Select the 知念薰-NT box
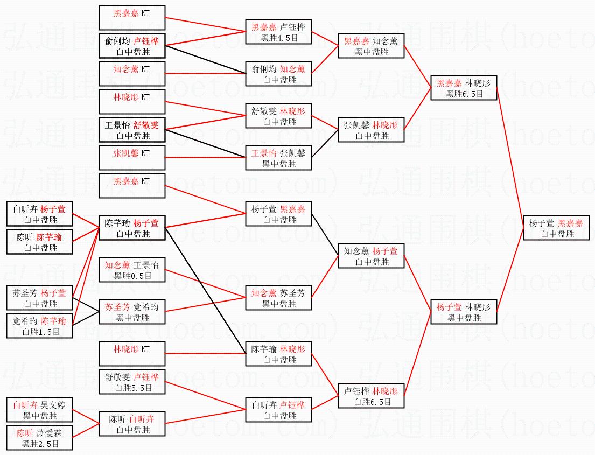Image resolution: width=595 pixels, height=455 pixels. (132, 74)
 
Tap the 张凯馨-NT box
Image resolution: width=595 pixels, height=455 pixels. (132, 158)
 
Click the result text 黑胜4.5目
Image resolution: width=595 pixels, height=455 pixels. (278, 38)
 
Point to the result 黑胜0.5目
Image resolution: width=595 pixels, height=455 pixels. (132, 276)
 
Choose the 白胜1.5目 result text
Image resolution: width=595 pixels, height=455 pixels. (39, 332)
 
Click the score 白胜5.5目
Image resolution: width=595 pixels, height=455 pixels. (132, 388)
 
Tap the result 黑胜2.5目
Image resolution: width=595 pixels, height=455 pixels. (39, 444)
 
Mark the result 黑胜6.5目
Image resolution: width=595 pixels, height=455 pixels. (464, 94)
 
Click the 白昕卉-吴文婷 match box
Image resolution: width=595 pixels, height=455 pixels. (39, 410)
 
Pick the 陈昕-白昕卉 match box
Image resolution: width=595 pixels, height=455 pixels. (132, 424)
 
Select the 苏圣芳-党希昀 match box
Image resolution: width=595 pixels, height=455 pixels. (132, 312)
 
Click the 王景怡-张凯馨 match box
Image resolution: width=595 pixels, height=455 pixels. (278, 158)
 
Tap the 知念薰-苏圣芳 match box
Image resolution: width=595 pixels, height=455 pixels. (278, 298)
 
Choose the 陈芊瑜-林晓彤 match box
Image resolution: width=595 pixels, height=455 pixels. (278, 354)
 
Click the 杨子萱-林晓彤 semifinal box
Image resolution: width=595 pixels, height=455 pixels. (464, 312)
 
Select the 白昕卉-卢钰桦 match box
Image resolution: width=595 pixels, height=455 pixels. (278, 410)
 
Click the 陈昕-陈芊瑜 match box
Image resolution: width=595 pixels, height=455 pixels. (39, 242)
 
